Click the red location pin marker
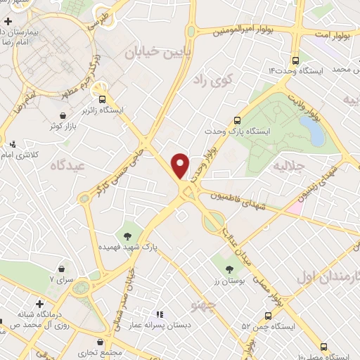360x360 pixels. (181, 165)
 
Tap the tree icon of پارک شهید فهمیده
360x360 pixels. (129, 236)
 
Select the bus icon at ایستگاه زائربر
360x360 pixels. (103, 99)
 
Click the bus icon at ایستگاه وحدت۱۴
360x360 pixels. (296, 61)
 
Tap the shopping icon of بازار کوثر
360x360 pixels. (65, 115)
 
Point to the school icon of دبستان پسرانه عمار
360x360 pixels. (160, 314)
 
